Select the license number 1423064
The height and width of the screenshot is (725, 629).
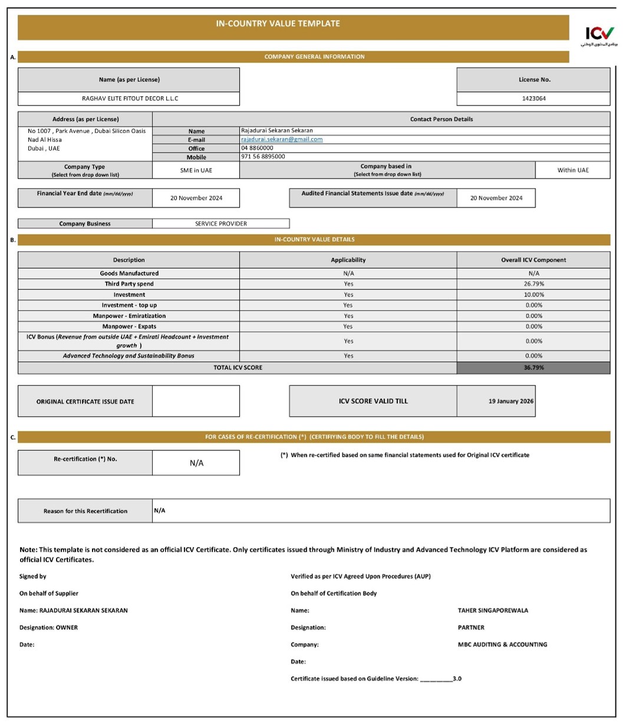[534, 98]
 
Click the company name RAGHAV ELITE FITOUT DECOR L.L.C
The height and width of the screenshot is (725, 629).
[130, 98]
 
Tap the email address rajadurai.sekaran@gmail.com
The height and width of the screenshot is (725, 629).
[282, 139]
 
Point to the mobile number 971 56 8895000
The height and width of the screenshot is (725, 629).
[263, 157]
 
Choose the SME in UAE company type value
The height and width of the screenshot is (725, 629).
[196, 170]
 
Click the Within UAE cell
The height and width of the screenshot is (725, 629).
[572, 170]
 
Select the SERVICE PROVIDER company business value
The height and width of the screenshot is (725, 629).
[221, 223]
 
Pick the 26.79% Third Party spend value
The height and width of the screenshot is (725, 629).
[534, 284]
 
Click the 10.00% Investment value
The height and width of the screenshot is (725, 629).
[534, 295]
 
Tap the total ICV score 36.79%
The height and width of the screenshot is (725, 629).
[534, 368]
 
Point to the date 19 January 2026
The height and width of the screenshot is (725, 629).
[511, 401]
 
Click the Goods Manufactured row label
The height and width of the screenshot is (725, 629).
[129, 273]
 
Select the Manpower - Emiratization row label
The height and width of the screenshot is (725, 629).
[129, 316]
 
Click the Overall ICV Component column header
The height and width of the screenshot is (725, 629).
[534, 260]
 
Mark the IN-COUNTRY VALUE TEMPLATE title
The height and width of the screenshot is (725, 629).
[278, 24]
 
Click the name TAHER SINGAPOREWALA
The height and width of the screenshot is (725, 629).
[493, 611]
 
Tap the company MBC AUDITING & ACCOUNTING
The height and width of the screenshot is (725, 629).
[502, 645]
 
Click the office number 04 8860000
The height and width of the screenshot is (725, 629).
[257, 148]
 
